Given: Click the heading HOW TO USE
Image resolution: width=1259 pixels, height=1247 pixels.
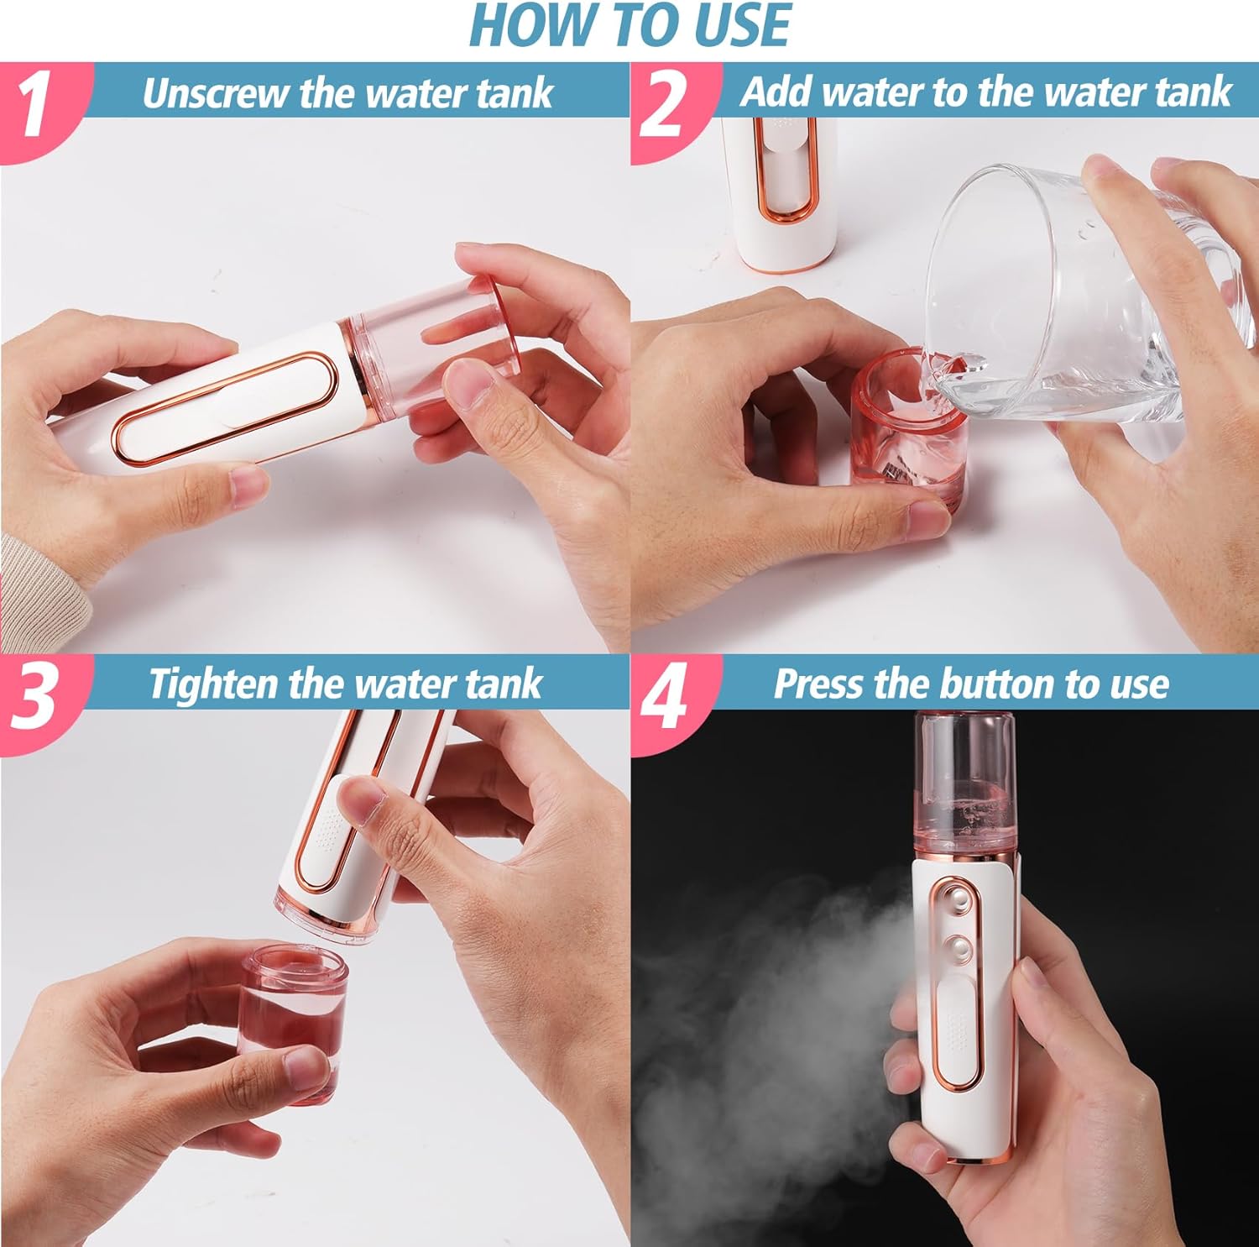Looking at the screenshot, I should [x=629, y=25].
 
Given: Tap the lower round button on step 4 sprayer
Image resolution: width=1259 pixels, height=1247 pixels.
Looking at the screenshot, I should [x=958, y=950].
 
